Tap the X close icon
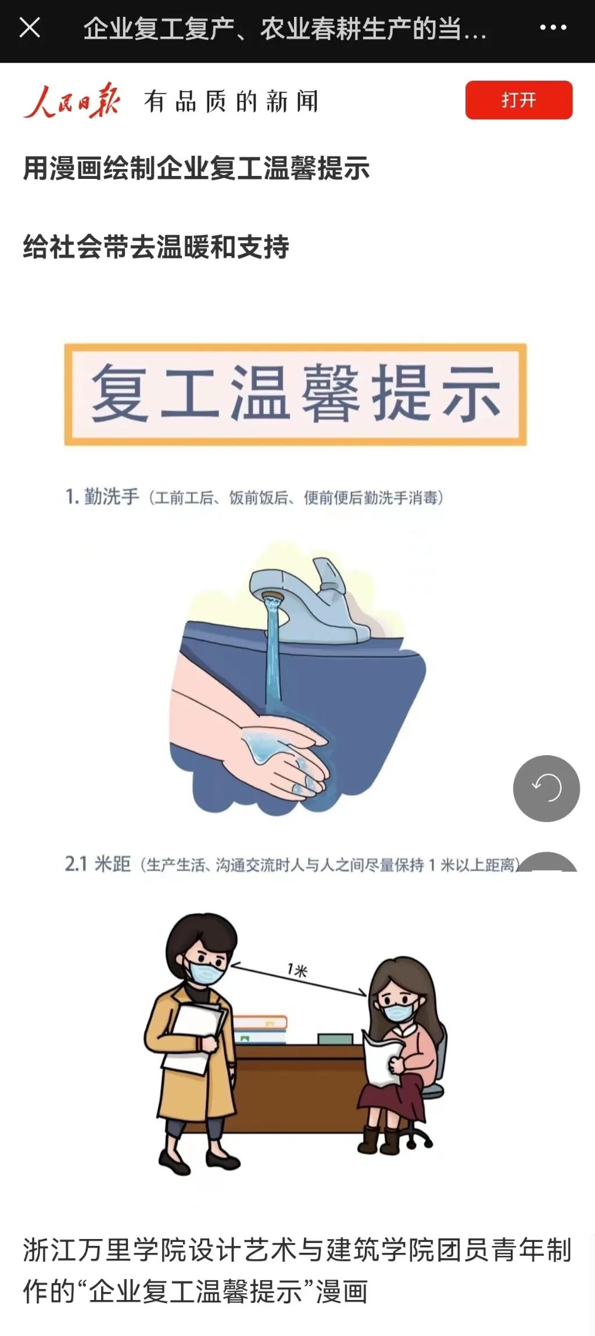(30, 27)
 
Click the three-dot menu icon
(553, 27)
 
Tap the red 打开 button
(518, 100)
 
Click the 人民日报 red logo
(71, 101)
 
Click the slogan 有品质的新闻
(231, 102)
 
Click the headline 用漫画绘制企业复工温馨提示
(196, 169)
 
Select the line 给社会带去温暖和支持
(156, 247)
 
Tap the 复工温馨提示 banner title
(295, 394)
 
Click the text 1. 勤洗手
(102, 497)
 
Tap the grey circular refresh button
(546, 788)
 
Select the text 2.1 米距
(98, 864)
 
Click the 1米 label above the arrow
(297, 970)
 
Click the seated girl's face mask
(398, 1012)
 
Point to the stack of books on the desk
(260, 1029)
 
